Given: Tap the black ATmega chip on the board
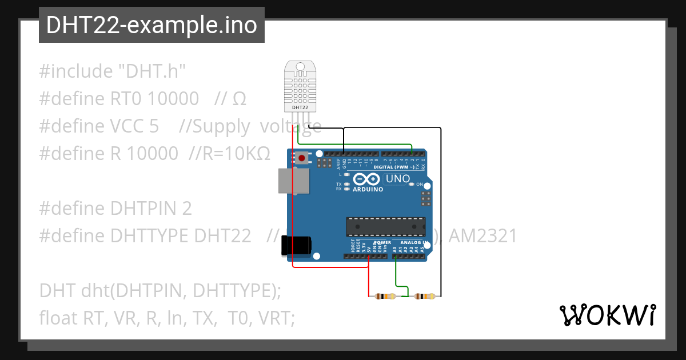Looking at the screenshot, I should click(385, 226).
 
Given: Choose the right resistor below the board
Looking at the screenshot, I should click(424, 296).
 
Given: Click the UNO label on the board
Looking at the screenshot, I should click(398, 179).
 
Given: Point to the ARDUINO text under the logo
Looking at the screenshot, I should click(368, 189).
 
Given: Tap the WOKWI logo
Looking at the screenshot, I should click(607, 315).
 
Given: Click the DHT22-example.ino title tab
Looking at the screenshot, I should click(151, 25).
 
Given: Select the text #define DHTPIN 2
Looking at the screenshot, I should click(115, 209).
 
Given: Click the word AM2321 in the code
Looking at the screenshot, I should click(483, 235).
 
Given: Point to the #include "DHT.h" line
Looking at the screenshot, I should click(113, 71).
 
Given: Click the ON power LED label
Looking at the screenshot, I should click(419, 185).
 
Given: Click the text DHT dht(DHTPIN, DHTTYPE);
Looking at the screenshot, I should click(160, 290).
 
